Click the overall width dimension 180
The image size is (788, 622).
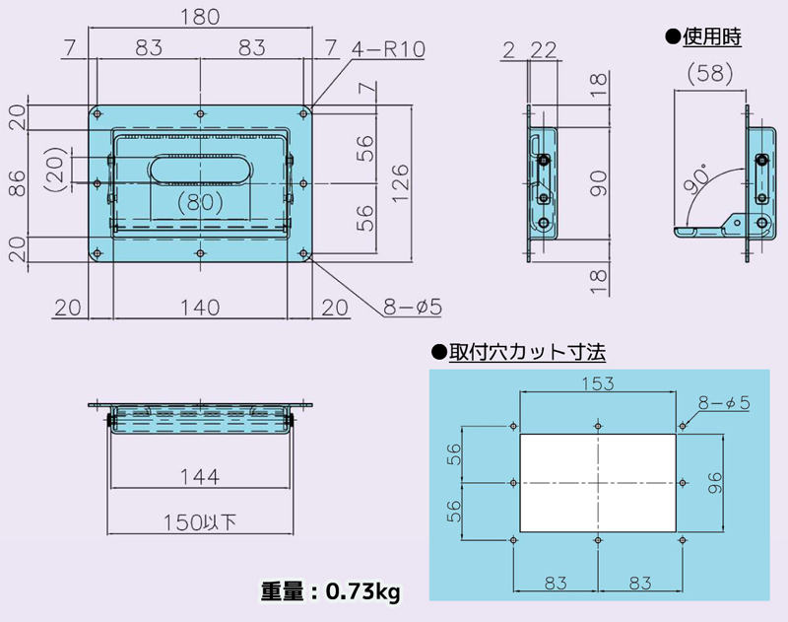click(x=200, y=17)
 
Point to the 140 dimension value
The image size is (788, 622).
click(x=200, y=307)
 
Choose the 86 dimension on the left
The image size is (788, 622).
click(x=17, y=183)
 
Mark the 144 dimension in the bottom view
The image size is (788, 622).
click(x=200, y=476)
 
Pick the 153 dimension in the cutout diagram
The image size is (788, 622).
click(x=598, y=382)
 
